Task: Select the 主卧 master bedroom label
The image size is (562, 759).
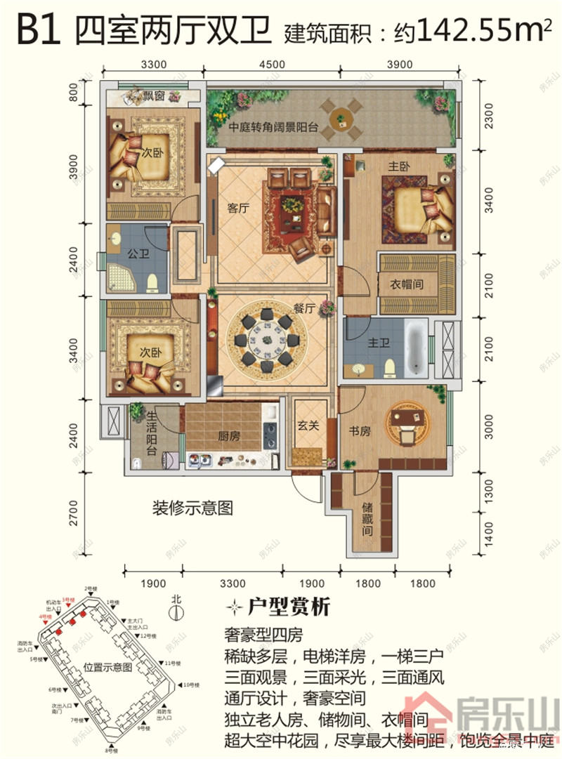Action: click(399, 167)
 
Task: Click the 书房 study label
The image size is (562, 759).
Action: click(360, 432)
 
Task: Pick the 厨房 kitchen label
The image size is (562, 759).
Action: click(229, 436)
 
